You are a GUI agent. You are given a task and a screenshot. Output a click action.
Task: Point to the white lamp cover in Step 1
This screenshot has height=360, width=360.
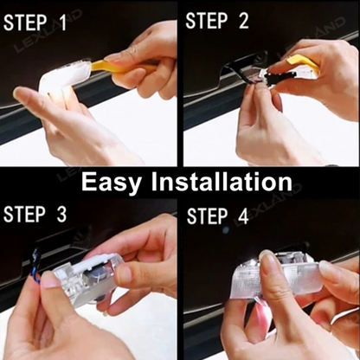pos(61,79)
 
